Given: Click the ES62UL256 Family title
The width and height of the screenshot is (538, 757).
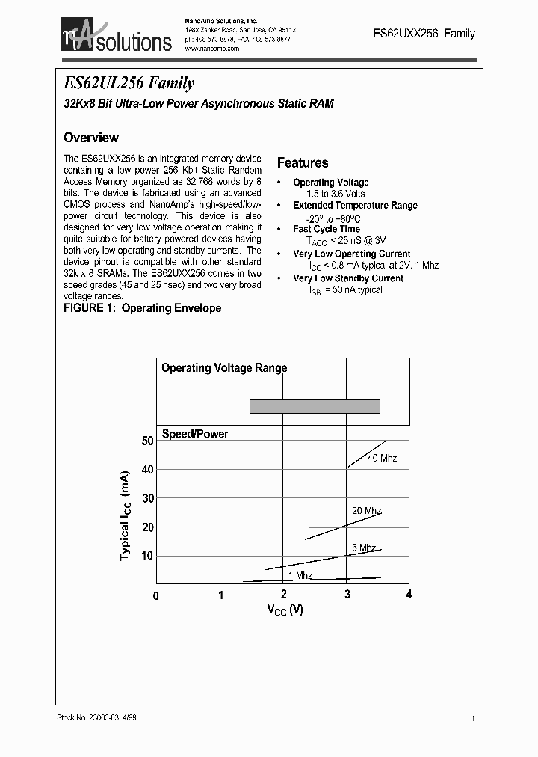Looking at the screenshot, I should [129, 83].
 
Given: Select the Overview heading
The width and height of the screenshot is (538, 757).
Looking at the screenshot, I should [91, 138].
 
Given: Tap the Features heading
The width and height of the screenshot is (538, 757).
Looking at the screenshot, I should [303, 162].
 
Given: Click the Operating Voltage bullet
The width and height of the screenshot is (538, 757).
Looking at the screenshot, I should [330, 182].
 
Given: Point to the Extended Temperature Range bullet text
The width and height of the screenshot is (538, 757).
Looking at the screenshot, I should [355, 205].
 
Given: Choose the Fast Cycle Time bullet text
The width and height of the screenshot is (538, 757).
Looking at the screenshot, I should [327, 229].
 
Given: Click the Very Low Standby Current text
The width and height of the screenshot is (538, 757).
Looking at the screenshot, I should [348, 278].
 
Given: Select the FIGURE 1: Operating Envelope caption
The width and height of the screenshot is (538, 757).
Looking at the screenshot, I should [143, 308].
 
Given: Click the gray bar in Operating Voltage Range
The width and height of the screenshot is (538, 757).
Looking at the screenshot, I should [315, 406].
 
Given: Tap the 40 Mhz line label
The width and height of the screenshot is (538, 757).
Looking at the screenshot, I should [382, 458].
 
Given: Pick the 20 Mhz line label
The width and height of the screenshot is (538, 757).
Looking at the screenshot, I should [367, 510].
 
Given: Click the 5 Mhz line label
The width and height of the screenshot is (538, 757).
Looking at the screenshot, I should [363, 548].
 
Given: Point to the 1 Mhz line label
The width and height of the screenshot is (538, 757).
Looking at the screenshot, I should [300, 575].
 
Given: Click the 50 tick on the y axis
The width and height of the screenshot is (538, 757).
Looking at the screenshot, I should [147, 441].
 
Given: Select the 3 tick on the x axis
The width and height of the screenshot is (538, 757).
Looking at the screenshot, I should [347, 595].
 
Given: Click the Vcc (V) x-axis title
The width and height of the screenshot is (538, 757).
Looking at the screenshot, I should [285, 610].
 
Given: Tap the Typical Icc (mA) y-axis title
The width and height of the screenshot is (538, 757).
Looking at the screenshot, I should [126, 515].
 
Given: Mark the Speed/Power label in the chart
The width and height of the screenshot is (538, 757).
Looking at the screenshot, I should [195, 434].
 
